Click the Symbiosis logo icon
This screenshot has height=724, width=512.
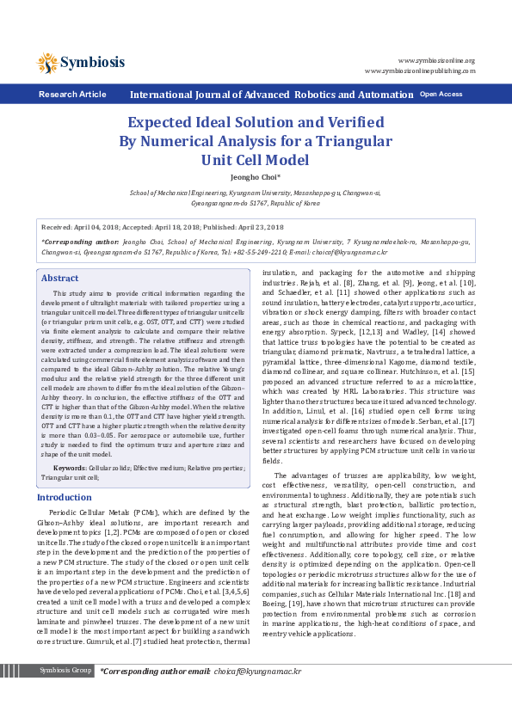pos(47,62)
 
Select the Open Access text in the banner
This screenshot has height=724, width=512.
pos(441,94)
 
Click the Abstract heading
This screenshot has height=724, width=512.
pos(60,279)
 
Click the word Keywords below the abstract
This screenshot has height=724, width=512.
pos(70,467)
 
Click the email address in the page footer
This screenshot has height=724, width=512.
pos(256,694)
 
